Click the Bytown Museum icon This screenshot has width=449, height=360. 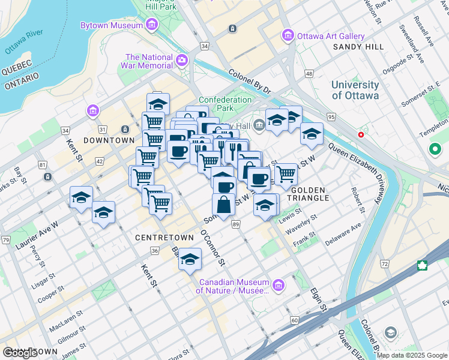click(x=151, y=25)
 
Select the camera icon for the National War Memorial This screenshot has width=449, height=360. click(x=182, y=60)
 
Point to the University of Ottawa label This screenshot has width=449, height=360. click(x=355, y=90)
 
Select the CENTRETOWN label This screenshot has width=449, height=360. click(x=164, y=238)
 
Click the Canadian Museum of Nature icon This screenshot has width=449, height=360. click(x=278, y=285)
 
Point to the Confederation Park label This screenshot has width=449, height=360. click(x=225, y=104)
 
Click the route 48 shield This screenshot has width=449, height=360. click(x=309, y=74)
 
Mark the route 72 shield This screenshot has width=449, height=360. click(x=384, y=263)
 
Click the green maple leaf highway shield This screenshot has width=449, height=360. click(x=422, y=265)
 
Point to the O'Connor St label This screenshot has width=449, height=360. click(x=213, y=248)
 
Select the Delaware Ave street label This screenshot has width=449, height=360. click(x=343, y=235)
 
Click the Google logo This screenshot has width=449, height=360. click(x=20, y=353)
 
